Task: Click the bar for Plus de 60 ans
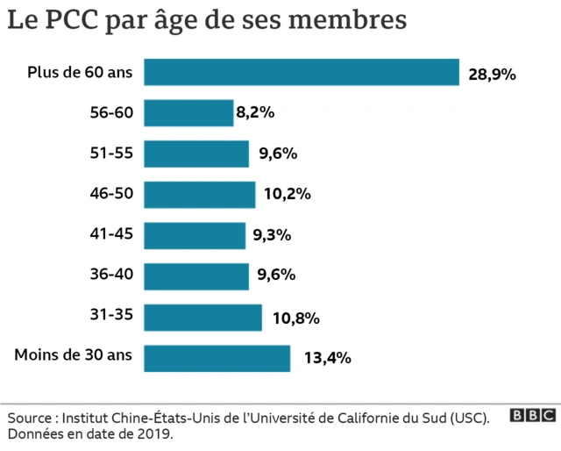click(x=302, y=73)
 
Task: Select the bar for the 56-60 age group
click(x=188, y=113)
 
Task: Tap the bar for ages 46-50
click(x=199, y=195)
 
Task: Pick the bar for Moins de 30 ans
click(x=217, y=358)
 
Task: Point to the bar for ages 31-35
click(x=202, y=318)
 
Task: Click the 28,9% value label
click(x=492, y=75)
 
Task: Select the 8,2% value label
click(x=255, y=112)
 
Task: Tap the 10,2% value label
click(x=287, y=195)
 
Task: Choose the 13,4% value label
click(x=327, y=358)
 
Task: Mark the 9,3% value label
click(x=272, y=235)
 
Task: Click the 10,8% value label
click(x=295, y=318)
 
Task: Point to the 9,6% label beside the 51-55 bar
click(x=278, y=154)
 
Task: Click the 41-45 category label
click(x=111, y=233)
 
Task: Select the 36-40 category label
click(x=111, y=275)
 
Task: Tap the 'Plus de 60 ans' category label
click(x=80, y=72)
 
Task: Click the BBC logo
click(x=532, y=416)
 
